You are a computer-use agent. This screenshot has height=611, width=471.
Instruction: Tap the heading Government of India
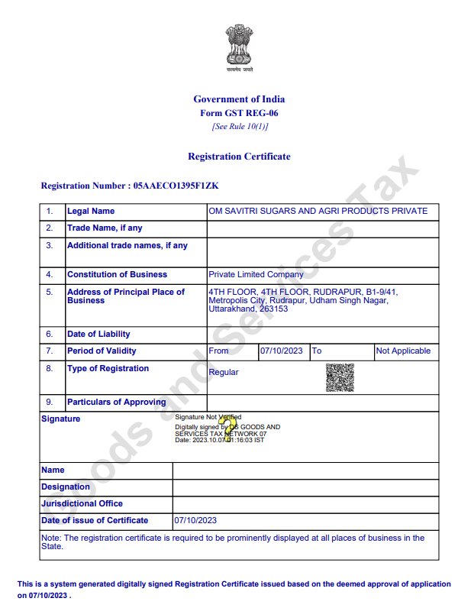point(239,99)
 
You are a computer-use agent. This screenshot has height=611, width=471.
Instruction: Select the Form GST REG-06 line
point(239,113)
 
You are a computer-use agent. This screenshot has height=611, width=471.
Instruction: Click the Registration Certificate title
point(239,157)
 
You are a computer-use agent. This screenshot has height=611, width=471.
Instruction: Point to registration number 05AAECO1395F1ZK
point(176,186)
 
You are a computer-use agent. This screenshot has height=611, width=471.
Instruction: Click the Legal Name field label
point(91,211)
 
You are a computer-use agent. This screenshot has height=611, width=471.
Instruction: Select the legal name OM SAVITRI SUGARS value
point(318,211)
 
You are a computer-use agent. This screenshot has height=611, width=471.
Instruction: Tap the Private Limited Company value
point(256,274)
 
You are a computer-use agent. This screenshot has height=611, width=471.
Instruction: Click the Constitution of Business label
point(117,274)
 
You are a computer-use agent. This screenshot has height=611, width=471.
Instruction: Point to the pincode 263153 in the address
point(273,309)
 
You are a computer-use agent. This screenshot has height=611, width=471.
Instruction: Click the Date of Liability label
point(98,334)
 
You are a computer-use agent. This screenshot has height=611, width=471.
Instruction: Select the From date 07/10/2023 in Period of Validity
point(282,351)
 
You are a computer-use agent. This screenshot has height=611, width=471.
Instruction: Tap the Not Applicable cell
point(403,351)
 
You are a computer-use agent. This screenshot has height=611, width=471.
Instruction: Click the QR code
point(340,377)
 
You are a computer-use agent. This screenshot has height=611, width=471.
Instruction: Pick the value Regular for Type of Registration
point(224,373)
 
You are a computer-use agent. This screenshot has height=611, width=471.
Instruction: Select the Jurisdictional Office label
point(82,503)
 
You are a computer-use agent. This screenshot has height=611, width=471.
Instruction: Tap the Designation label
point(66,487)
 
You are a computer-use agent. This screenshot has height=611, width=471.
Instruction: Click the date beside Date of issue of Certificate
point(196,520)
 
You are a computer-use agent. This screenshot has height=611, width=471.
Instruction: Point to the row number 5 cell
point(50,292)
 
